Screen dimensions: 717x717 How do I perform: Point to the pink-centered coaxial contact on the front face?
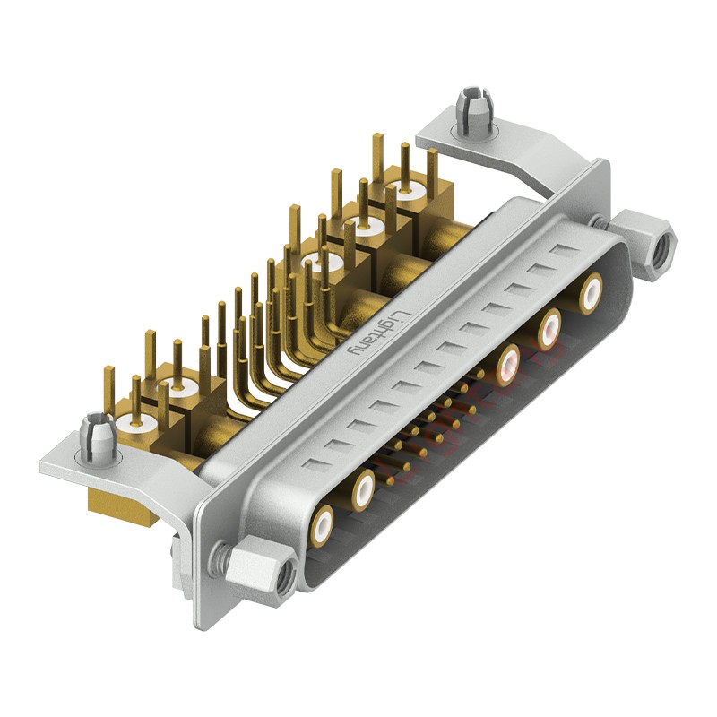tap(509, 360)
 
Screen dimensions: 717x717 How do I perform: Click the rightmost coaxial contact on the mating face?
tap(591, 294)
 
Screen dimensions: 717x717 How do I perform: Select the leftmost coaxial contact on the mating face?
tap(322, 523)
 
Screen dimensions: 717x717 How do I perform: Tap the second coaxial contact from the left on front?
tap(363, 489)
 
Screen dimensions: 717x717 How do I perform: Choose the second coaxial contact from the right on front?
tap(549, 327)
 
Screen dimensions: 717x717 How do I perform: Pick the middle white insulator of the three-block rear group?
tap(362, 228)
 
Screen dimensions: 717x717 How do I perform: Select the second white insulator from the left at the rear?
tap(177, 391)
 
